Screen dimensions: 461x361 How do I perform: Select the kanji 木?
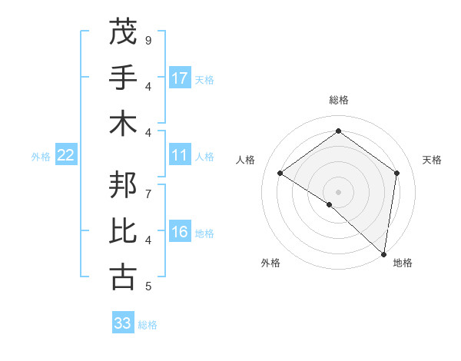pyautogui.click(x=123, y=123)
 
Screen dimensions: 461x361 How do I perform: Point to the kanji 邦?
pyautogui.click(x=123, y=185)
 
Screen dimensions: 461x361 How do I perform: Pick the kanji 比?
pyautogui.click(x=123, y=231)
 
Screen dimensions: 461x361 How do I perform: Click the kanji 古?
pyautogui.click(x=123, y=277)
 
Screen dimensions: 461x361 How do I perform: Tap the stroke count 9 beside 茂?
pyautogui.click(x=148, y=40)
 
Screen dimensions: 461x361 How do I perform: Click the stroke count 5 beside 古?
pyautogui.click(x=148, y=286)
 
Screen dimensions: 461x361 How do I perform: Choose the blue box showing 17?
pyautogui.click(x=180, y=78)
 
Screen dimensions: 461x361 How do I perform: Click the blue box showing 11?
pyautogui.click(x=180, y=156)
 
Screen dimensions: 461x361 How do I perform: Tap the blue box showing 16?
pyautogui.click(x=180, y=233)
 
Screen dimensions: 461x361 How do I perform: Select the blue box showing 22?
pyautogui.click(x=66, y=156)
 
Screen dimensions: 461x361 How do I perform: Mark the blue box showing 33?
pyautogui.click(x=123, y=323)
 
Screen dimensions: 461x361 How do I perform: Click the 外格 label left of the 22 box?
pyautogui.click(x=41, y=157)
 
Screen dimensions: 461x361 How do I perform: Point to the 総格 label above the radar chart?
pyautogui.click(x=338, y=100)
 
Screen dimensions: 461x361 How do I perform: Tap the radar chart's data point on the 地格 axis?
pyautogui.click(x=383, y=253)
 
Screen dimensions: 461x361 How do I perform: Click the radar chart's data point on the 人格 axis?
pyautogui.click(x=280, y=173)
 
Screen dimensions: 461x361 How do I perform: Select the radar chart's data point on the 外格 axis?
pyautogui.click(x=329, y=204)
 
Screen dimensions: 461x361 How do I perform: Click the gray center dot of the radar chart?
pyautogui.click(x=338, y=191)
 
